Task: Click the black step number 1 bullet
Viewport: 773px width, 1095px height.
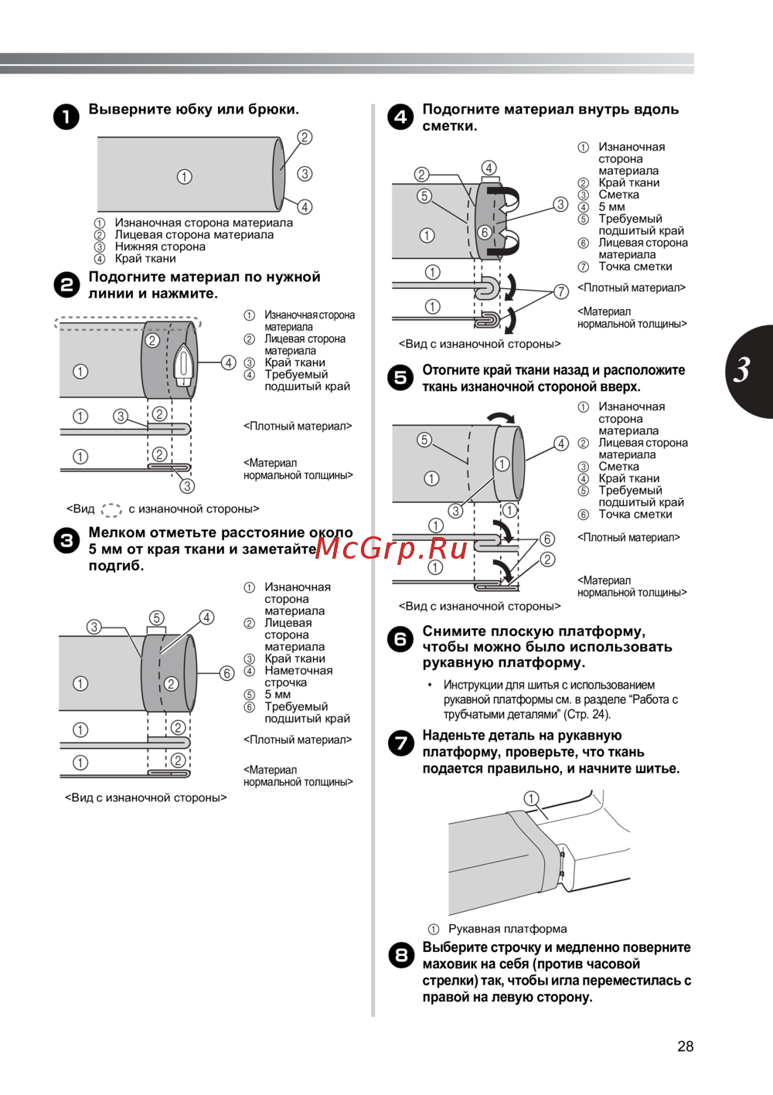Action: [x=66, y=117]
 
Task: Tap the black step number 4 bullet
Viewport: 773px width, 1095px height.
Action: [x=400, y=117]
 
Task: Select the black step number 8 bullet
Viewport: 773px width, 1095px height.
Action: [x=400, y=955]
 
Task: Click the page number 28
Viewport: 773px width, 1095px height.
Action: [x=685, y=1046]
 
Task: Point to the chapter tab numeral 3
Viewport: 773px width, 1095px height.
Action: [x=742, y=370]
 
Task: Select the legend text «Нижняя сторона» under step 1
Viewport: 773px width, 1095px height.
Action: [x=160, y=247]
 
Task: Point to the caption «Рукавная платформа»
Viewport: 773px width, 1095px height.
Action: [x=507, y=929]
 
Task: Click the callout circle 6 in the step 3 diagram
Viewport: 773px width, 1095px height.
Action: [x=226, y=673]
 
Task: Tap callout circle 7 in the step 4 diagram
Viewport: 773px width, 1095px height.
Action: [x=561, y=291]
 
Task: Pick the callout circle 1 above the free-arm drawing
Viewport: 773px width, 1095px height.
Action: [x=531, y=798]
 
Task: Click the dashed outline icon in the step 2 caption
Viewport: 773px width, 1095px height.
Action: [x=111, y=509]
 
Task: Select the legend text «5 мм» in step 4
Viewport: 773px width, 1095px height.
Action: [x=611, y=206]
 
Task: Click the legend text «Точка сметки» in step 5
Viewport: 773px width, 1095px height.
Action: [x=635, y=514]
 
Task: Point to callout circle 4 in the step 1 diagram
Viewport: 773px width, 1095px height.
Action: [x=305, y=206]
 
